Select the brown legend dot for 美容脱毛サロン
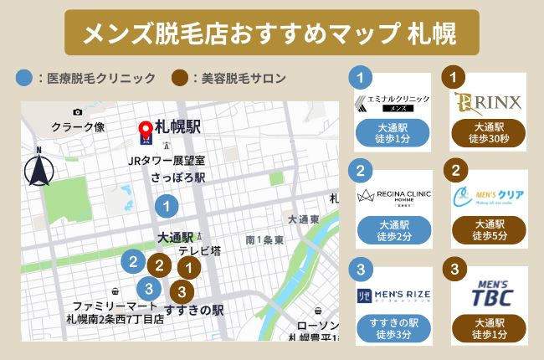coord(179,79)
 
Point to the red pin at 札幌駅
coord(146,131)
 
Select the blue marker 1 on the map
coord(167,204)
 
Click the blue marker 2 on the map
coord(131,260)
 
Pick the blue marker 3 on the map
coord(148,289)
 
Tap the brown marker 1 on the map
coord(190,268)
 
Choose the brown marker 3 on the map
coord(182,292)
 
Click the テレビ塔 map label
coord(198,250)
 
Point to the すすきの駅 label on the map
coord(193,311)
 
